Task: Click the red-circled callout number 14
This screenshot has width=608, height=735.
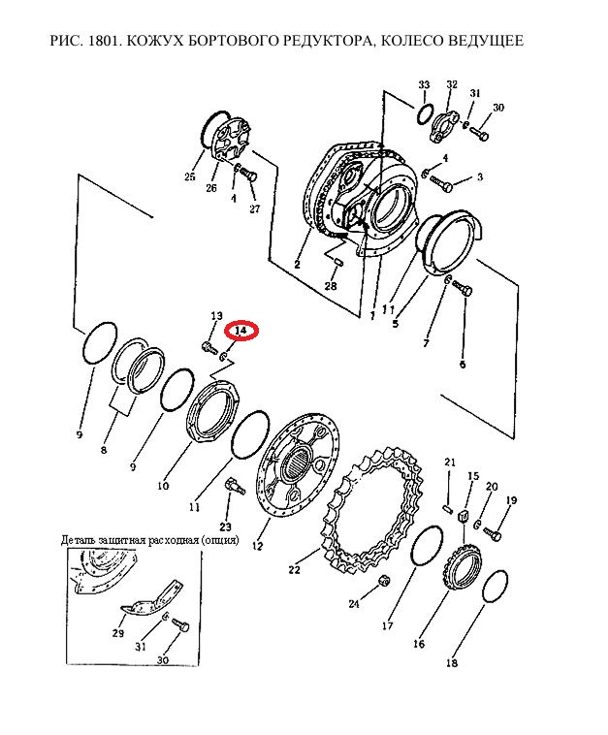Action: click(x=240, y=331)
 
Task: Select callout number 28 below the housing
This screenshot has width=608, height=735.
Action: click(x=331, y=284)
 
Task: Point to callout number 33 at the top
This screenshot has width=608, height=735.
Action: click(x=424, y=84)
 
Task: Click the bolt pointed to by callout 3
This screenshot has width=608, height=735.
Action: click(x=441, y=183)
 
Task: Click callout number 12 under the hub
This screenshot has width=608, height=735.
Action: click(x=257, y=546)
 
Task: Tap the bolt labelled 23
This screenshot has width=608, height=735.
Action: click(x=235, y=485)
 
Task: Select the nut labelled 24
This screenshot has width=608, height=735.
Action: click(x=384, y=581)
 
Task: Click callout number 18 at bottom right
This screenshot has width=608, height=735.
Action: click(x=452, y=663)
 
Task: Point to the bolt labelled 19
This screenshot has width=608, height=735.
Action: click(x=492, y=532)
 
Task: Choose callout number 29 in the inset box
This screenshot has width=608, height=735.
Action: click(x=118, y=633)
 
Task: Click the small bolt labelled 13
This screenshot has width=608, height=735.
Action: click(x=208, y=348)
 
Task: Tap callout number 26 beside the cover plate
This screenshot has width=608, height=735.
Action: click(x=211, y=187)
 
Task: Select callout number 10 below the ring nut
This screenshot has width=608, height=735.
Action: click(x=163, y=486)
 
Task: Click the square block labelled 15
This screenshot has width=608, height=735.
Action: click(x=463, y=516)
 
